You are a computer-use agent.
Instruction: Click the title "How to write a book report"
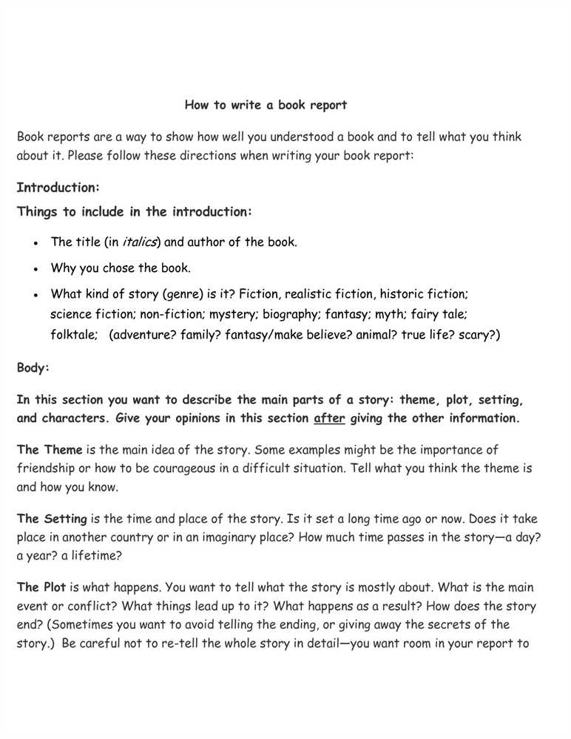click(x=266, y=105)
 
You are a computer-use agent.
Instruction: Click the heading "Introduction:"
click(x=58, y=187)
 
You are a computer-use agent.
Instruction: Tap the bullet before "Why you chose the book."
click(x=36, y=269)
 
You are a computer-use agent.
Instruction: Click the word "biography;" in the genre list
click(x=291, y=314)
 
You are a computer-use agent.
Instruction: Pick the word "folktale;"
click(x=74, y=335)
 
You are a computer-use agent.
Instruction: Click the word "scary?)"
click(x=479, y=335)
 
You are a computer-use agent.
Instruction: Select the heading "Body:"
click(x=33, y=367)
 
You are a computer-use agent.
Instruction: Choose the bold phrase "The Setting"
click(x=52, y=519)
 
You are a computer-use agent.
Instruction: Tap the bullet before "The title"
click(x=36, y=242)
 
